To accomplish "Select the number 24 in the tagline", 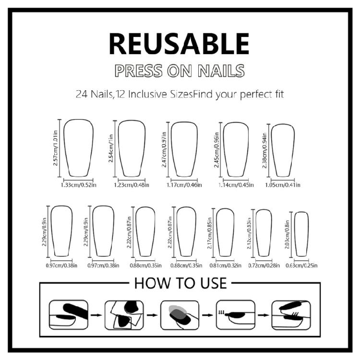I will (82, 94).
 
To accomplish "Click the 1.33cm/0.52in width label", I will (79, 185).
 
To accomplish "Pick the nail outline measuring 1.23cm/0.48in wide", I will (132, 148).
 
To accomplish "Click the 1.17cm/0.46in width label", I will (184, 185).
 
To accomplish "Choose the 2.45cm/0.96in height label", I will (216, 150).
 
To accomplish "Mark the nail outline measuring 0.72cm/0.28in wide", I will (264, 233).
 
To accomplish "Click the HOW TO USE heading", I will (180, 283).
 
